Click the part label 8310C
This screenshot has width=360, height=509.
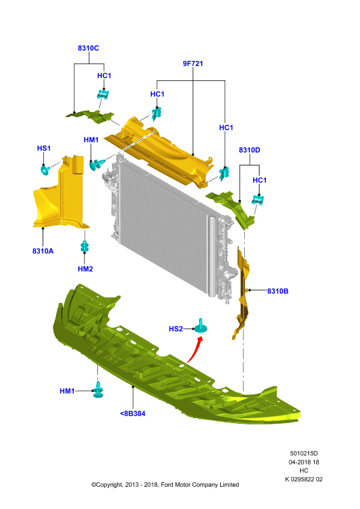click(x=88, y=48)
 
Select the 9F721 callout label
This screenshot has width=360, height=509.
click(x=193, y=64)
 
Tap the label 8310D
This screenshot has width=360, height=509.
click(x=249, y=150)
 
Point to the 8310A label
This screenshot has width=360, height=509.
click(x=43, y=251)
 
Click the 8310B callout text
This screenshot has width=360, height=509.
click(x=277, y=291)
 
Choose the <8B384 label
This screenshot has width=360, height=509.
click(x=133, y=414)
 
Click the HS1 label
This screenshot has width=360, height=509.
click(x=44, y=148)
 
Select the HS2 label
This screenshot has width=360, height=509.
click(x=176, y=329)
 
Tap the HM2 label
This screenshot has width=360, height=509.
click(x=85, y=268)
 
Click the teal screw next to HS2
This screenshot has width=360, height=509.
click(x=201, y=326)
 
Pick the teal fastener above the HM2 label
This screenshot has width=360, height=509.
click(x=85, y=246)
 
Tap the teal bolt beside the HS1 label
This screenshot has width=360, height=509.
click(x=45, y=169)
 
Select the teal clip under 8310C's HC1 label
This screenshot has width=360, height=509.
click(x=102, y=94)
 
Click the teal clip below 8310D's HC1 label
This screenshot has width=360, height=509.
click(x=258, y=200)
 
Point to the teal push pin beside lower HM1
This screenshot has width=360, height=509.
click(x=98, y=390)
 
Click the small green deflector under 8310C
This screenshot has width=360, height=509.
click(x=90, y=116)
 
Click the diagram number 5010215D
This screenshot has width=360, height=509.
click(x=304, y=453)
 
